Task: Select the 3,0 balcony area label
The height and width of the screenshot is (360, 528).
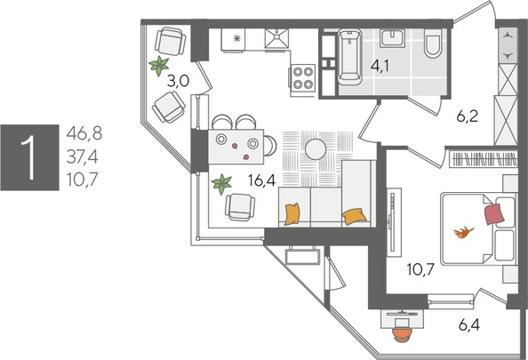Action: coord(178,81)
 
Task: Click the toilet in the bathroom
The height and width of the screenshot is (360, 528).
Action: coord(433,44)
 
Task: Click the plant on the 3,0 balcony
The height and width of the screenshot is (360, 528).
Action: coord(159,65)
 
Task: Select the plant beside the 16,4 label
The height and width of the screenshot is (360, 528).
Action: coord(220,184)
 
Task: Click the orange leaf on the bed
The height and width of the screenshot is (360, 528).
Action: coord(462,233)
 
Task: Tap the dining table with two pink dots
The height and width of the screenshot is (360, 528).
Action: coord(237,144)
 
